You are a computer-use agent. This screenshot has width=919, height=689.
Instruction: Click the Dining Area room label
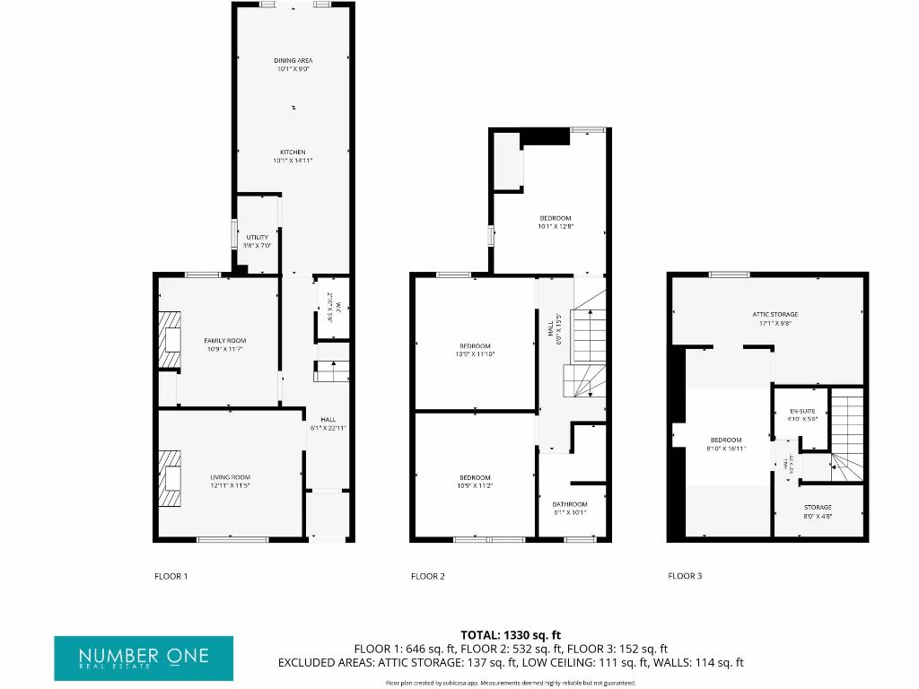tap(293, 65)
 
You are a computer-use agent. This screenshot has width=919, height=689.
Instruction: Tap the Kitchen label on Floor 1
tap(293, 156)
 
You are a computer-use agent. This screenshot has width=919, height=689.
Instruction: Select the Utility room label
tap(257, 241)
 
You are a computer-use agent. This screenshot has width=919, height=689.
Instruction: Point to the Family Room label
tap(224, 344)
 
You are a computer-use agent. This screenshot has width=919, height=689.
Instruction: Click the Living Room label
tap(231, 481)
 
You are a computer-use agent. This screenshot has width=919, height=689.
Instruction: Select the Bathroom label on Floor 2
tap(570, 509)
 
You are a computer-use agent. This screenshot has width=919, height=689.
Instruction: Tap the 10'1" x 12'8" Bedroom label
tap(556, 222)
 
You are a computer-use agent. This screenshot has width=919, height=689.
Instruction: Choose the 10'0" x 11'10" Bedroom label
tap(476, 350)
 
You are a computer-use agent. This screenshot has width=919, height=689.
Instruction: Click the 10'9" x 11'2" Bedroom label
tap(476, 481)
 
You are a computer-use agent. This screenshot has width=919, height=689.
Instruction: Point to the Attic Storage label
tap(775, 318)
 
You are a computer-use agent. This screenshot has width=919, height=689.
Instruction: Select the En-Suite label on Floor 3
tap(802, 414)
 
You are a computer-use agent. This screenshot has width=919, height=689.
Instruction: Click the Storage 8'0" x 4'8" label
tap(818, 511)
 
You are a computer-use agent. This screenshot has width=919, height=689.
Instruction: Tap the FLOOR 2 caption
tap(428, 576)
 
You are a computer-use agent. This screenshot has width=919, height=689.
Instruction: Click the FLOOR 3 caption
tap(685, 576)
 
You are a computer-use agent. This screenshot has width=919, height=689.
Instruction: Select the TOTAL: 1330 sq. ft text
tap(510, 635)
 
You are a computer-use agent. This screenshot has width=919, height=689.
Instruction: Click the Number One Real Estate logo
tap(144, 658)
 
